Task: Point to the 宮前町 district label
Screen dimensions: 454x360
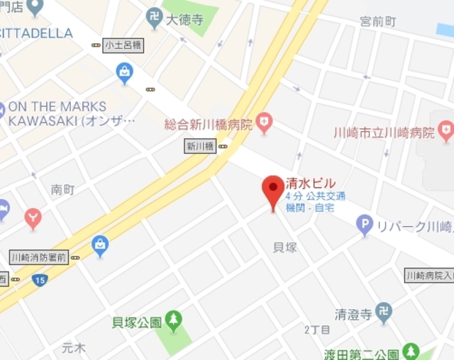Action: tap(377, 21)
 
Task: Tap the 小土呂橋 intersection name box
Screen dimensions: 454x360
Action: tap(122, 45)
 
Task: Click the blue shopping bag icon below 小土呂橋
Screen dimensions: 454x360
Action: tap(125, 72)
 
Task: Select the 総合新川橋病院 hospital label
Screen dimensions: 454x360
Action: tap(209, 125)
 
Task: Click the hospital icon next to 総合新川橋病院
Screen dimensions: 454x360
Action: tap(264, 123)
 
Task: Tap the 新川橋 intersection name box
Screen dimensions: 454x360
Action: tap(200, 147)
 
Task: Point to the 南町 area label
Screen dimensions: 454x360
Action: tap(62, 189)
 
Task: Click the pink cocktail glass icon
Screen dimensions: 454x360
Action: tap(33, 218)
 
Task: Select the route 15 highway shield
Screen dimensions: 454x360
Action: tap(40, 280)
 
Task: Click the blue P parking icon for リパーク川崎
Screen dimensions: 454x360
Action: tap(365, 225)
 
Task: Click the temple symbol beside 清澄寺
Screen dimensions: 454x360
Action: tap(384, 311)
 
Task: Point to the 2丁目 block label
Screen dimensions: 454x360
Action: tap(317, 330)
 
